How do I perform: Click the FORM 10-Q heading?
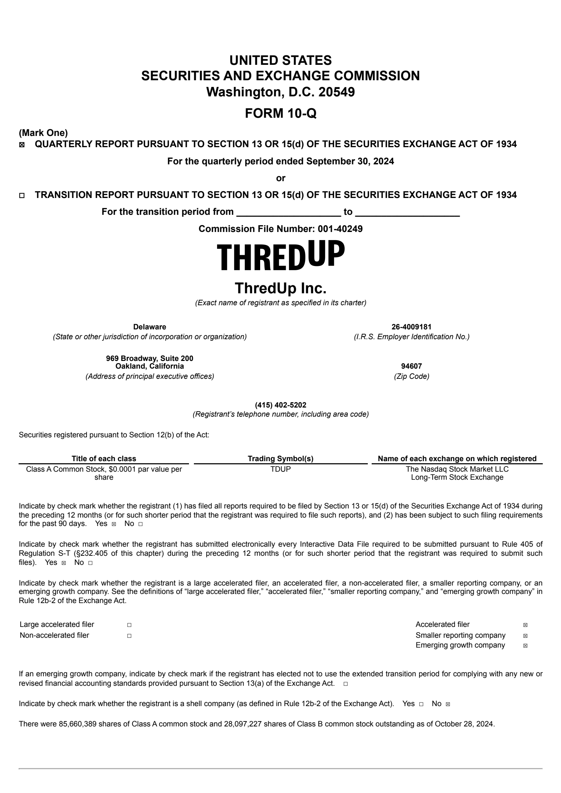pos(280,113)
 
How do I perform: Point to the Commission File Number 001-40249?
pos(340,229)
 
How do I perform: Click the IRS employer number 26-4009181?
pos(411,327)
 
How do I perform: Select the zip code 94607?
pos(411,366)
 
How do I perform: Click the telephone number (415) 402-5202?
pos(280,405)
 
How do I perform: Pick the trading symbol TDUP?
pos(280,469)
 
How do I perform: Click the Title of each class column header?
pos(104,459)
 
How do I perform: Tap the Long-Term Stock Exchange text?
pos(457,477)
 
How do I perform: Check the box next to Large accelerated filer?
pos(129,625)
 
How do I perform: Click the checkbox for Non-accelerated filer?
pos(129,636)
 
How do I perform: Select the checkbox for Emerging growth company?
pos(525,645)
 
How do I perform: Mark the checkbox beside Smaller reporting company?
pos(525,636)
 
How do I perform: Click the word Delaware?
pos(150,327)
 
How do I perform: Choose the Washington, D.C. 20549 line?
pos(280,92)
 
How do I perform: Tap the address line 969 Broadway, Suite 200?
pos(150,358)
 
